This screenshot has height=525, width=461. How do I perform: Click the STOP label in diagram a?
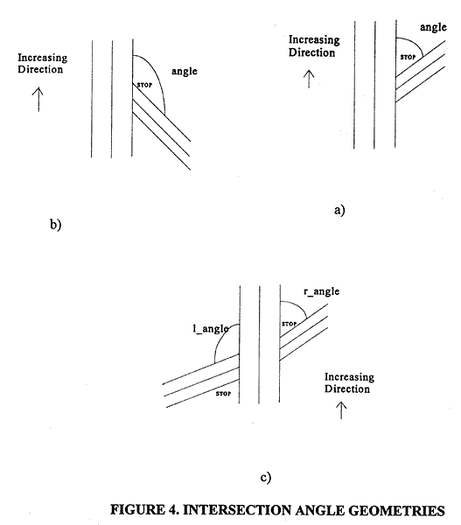coord(408,57)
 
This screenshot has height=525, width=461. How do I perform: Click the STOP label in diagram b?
coord(144,85)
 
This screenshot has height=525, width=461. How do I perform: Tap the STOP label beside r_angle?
coord(289,324)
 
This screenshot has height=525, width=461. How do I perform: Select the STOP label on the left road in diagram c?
coord(223,394)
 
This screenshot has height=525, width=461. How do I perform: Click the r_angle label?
coord(321,291)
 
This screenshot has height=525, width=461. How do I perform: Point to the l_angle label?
coord(211,329)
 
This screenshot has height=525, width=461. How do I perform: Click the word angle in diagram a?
coord(433,27)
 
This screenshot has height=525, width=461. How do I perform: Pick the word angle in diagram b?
coord(185,72)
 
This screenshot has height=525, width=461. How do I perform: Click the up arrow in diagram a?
coord(309,79)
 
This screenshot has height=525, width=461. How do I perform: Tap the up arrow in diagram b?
coord(38,99)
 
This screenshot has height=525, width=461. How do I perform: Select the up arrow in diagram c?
coord(341,410)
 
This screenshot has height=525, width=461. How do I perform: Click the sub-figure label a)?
coord(339,210)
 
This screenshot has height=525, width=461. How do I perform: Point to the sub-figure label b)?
coord(56,224)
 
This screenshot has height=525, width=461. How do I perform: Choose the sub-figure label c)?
coord(266,478)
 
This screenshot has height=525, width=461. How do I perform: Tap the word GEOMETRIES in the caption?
coord(396,511)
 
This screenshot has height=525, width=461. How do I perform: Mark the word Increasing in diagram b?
coord(43,58)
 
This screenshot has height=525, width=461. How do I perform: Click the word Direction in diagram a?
coord(311,52)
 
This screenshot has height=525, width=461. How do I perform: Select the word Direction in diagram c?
coord(347,388)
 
